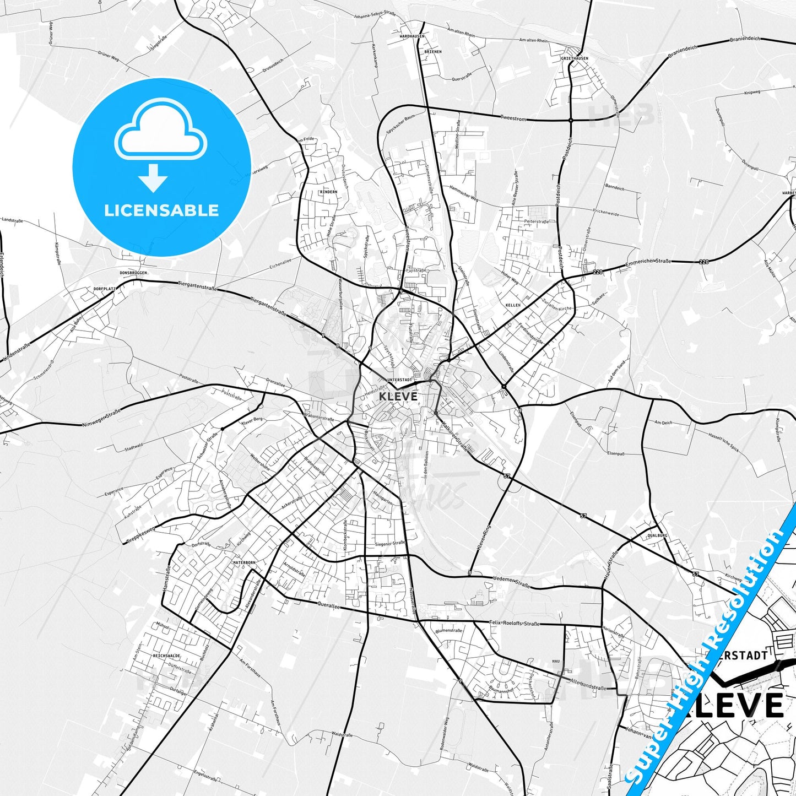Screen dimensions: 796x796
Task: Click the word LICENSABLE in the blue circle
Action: click(x=161, y=210)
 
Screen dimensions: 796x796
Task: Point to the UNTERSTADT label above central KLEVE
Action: click(x=400, y=380)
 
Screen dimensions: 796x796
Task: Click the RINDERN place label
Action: click(x=328, y=192)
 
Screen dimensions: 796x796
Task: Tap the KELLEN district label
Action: click(x=513, y=305)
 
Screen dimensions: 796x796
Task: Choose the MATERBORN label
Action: click(x=245, y=562)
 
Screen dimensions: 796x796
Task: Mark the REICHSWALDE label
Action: click(x=167, y=656)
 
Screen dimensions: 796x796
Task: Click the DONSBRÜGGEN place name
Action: click(x=134, y=273)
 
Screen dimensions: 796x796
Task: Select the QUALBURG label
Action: click(x=657, y=535)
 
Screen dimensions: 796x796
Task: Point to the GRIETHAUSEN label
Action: click(x=575, y=58)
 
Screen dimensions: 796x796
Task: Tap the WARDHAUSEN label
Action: click(x=411, y=36)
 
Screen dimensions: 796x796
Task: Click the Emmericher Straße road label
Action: click(x=648, y=264)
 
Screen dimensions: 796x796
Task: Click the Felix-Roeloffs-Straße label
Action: click(x=515, y=623)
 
